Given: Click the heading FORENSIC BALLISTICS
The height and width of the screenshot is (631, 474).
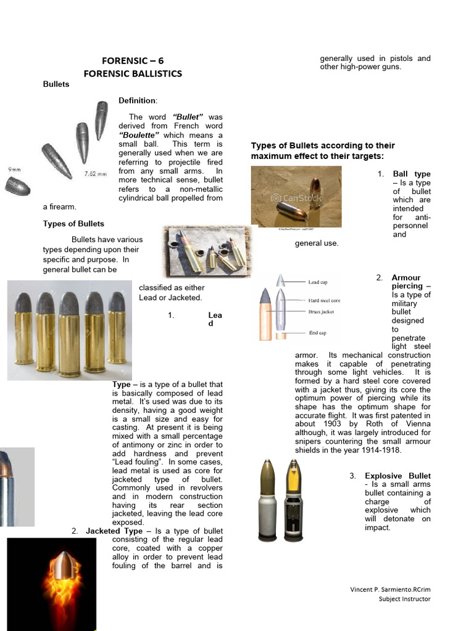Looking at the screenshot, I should [133, 73].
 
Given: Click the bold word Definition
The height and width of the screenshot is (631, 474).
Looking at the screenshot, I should [138, 100].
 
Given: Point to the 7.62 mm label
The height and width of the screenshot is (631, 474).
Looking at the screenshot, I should [96, 174].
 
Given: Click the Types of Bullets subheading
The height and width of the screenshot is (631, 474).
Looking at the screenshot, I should [73, 224].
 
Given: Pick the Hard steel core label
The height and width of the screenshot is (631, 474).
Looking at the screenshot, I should [325, 301].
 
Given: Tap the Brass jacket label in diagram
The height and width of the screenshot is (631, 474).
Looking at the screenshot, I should [322, 312].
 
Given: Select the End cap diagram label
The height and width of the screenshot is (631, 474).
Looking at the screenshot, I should [318, 333].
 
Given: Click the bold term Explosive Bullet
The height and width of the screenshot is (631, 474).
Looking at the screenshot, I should [397, 476].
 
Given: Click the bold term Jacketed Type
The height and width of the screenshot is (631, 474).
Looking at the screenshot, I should [114, 531].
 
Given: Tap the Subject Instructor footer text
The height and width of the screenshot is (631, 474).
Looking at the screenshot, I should [404, 599].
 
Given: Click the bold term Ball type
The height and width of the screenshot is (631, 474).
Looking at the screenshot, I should [412, 174].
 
